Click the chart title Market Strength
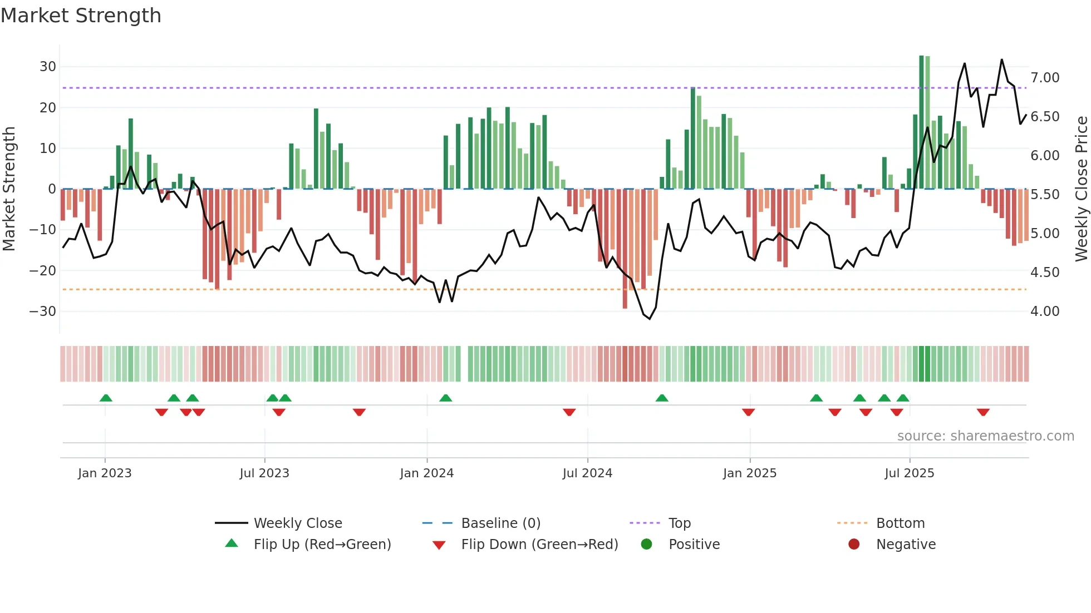point(81,16)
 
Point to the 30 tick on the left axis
point(48,67)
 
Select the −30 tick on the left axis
point(43,312)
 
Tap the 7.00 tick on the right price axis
point(1045,78)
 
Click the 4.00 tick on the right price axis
point(1045,312)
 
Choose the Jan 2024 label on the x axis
point(427,473)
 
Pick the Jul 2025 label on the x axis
point(910,473)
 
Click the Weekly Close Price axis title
point(1082,189)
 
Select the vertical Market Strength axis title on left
point(9,189)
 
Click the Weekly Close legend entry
point(298,523)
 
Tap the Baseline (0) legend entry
point(500,523)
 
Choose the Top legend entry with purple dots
point(679,523)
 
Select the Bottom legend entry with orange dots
point(900,523)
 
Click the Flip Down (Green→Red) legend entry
point(539,545)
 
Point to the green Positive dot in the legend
point(646,545)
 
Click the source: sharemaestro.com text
point(985,436)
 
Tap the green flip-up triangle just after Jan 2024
point(445,398)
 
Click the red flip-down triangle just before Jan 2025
point(748,412)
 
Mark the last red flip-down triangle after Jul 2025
point(983,412)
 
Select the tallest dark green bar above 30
point(921,122)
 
